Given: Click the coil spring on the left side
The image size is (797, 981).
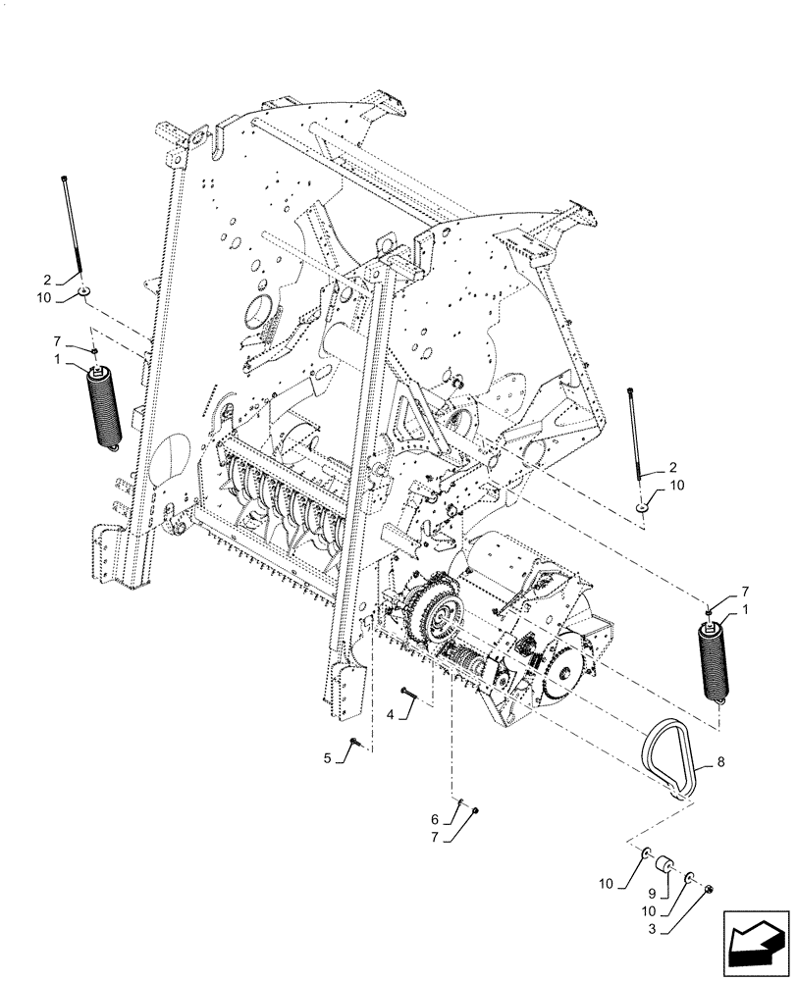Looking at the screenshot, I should pos(103,407).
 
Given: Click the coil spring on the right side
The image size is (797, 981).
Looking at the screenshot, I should pos(716,662).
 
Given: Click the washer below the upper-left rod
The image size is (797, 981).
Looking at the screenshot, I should pos(86,291).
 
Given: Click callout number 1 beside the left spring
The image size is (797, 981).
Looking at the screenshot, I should pos(60,360).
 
